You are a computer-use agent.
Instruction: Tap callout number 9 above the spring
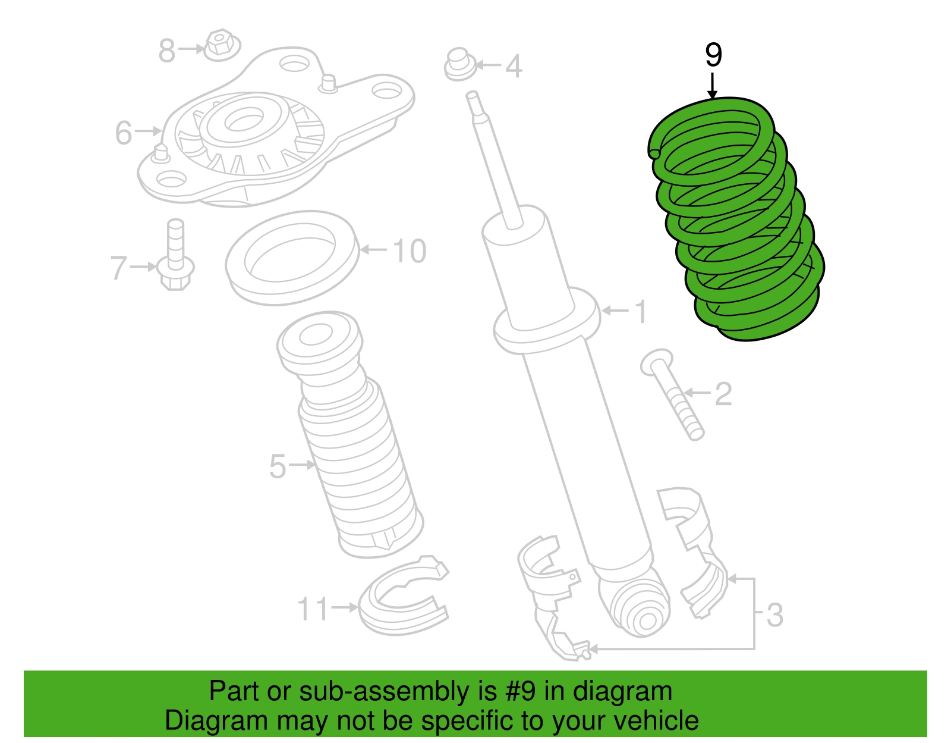[713, 55]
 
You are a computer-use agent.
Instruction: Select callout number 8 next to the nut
[166, 51]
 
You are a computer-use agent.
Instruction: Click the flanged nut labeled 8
[221, 45]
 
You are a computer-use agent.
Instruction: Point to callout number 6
[124, 132]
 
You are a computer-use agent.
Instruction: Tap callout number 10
[409, 251]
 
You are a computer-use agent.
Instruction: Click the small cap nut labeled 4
[459, 65]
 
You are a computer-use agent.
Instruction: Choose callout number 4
[514, 66]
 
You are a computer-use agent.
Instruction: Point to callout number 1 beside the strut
[640, 312]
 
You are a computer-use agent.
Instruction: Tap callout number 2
[723, 394]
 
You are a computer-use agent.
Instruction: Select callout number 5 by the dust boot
[277, 466]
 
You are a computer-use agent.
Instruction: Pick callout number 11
[312, 609]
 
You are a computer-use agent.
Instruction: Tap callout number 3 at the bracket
[774, 615]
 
